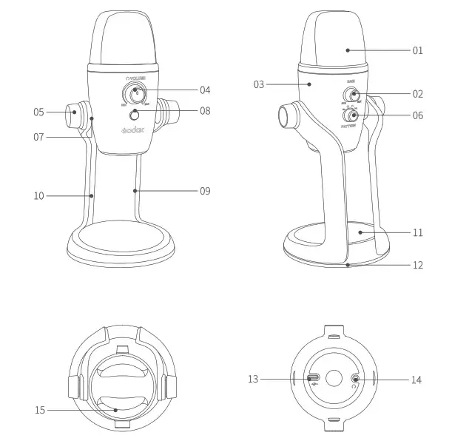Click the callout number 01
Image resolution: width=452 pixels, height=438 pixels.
pos(418,51)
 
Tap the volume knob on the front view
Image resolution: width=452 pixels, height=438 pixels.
pos(135,93)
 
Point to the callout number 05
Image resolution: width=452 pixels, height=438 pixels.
pos(38,112)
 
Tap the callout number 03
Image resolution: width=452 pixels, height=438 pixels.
pos(259,84)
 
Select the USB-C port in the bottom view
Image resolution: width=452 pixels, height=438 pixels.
pos(313,378)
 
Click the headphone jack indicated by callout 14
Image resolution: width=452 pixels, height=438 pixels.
pos(357,379)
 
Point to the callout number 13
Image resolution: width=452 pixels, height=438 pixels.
pos(254,380)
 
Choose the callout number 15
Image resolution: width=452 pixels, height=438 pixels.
pos(41,409)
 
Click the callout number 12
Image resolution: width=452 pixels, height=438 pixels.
pos(418,264)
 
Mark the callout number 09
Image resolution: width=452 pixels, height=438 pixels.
pos(205,191)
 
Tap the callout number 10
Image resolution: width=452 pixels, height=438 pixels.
pos(39,195)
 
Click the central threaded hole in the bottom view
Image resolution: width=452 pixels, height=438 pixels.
pos(334,378)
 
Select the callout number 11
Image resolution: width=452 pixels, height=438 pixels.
pos(418,232)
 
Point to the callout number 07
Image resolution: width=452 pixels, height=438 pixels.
pos(38,137)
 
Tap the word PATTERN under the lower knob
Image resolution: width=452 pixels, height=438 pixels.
pos(351,127)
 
